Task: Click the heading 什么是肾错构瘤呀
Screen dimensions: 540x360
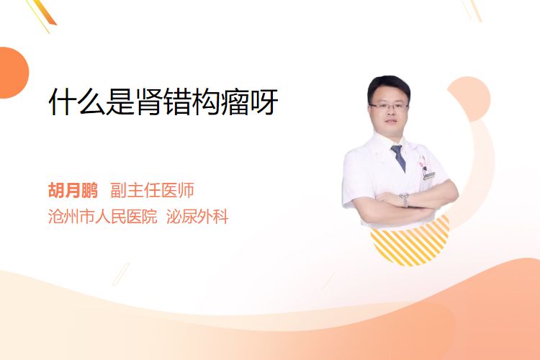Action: click(x=163, y=102)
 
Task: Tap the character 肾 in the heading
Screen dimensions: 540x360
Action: click(x=149, y=102)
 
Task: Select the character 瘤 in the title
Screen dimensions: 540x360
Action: click(x=235, y=102)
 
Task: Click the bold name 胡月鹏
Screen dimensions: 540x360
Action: click(x=73, y=190)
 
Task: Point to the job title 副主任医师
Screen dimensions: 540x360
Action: click(x=152, y=190)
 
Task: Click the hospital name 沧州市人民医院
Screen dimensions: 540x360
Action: click(x=103, y=217)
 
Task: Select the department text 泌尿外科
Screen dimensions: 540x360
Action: click(x=197, y=217)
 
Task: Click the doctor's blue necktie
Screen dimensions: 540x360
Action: click(x=398, y=158)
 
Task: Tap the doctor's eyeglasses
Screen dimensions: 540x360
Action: click(x=389, y=106)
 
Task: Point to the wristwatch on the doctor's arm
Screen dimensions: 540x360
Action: click(x=405, y=200)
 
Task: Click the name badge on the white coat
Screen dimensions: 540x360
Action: click(x=429, y=176)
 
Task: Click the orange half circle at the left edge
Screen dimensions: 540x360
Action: click(x=13, y=73)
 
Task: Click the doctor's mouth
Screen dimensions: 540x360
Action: click(x=391, y=122)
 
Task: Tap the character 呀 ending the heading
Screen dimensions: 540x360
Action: click(x=264, y=102)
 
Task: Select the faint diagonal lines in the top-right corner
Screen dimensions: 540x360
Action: click(x=472, y=10)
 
